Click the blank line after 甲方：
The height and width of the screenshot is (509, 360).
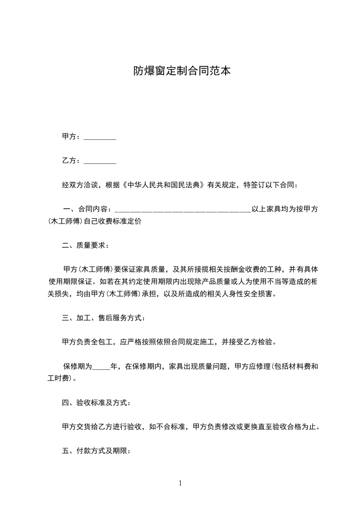pyautogui.click(x=100, y=137)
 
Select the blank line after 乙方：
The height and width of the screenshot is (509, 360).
pyautogui.click(x=100, y=161)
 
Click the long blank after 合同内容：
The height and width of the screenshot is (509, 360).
pyautogui.click(x=183, y=210)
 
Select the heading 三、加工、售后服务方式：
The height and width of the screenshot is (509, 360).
pyautogui.click(x=104, y=318)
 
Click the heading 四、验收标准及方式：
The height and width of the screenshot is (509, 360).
pyautogui.click(x=97, y=402)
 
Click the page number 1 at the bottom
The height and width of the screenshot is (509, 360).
pyautogui.click(x=180, y=483)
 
